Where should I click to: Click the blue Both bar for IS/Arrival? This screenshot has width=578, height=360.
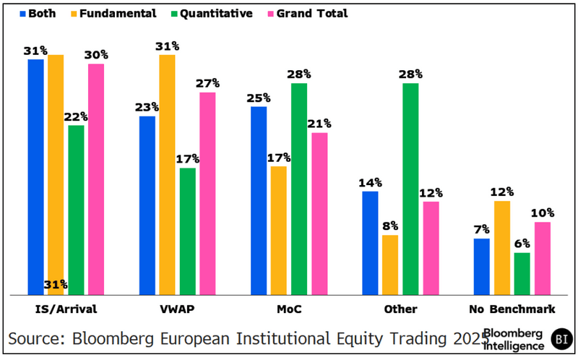tap(36, 177)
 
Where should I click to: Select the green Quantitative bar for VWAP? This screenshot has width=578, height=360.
tap(188, 231)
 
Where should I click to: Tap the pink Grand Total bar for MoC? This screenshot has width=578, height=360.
tap(319, 213)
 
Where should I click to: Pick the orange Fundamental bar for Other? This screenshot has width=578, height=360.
tap(390, 265)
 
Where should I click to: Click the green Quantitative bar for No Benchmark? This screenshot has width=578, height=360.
tap(522, 273)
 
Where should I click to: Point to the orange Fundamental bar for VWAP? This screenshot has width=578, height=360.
tap(167, 174)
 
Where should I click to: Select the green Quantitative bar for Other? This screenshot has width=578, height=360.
tap(410, 189)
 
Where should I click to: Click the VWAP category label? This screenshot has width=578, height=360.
tap(177, 309)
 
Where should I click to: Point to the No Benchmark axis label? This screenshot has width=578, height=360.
tap(512, 309)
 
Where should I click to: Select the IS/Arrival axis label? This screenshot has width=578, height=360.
tap(66, 309)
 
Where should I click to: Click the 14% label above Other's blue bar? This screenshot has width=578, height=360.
tap(370, 183)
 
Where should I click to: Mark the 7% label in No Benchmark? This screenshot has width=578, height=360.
tap(482, 230)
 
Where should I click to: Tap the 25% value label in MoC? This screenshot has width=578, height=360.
tap(258, 98)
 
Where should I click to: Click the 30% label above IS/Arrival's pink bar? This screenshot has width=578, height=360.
tap(96, 55)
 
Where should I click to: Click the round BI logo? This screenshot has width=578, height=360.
tap(561, 338)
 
